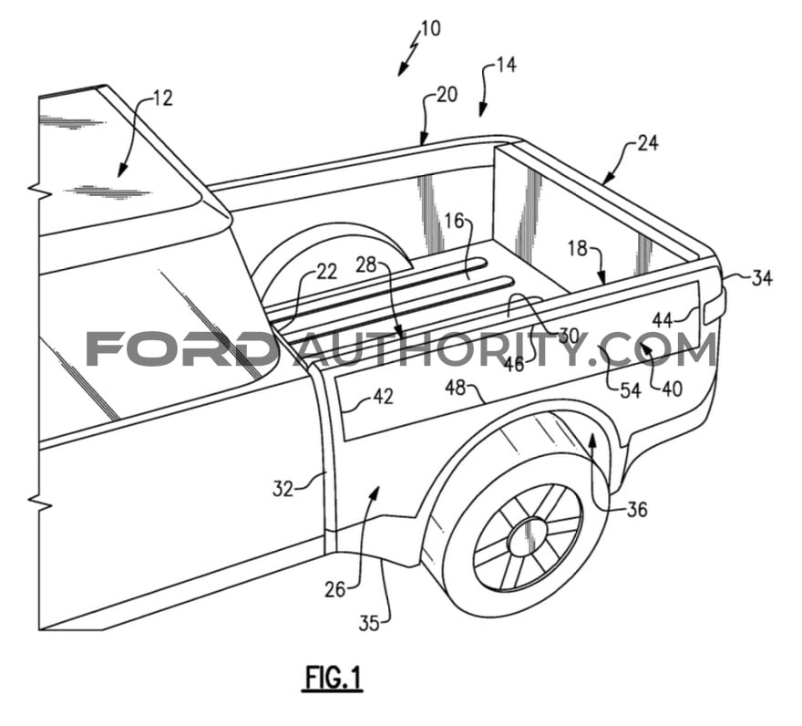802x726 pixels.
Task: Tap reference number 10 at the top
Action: [430, 28]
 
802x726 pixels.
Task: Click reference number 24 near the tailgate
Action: [648, 143]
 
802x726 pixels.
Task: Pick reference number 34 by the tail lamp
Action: [761, 278]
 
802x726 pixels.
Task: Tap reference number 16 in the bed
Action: [454, 221]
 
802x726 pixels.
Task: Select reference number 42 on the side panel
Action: [384, 397]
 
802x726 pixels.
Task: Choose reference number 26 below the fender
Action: [334, 588]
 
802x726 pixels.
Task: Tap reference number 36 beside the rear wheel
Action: [636, 509]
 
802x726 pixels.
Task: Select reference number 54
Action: [630, 390]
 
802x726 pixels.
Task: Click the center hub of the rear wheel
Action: [528, 538]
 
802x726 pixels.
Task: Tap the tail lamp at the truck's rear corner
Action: [715, 306]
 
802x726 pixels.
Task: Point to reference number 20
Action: [447, 95]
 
